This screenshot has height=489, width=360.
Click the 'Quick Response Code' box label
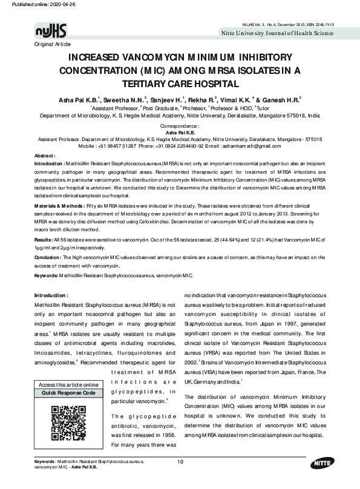point(68,393)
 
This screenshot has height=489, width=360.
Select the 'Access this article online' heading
point(68,385)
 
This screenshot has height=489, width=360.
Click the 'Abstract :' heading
point(45,156)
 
